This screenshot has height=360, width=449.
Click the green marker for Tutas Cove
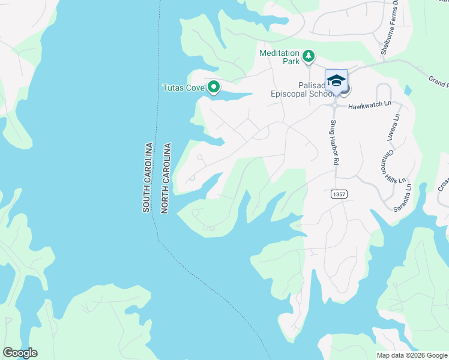tap(213, 88)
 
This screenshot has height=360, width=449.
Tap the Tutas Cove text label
tap(184, 88)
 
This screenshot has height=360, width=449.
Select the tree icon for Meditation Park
tap(309, 56)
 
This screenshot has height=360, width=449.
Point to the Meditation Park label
tap(279, 57)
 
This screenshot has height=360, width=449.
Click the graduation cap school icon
tap(336, 80)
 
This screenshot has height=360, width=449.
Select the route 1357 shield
tap(339, 194)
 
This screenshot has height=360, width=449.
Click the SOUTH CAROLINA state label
tap(146, 178)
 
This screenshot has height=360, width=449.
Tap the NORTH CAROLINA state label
tap(166, 178)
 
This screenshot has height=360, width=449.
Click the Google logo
tap(20, 352)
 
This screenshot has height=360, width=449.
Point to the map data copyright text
tap(411, 355)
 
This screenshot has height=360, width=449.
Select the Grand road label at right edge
tap(438, 80)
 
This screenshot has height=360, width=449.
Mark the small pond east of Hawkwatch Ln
tap(408, 91)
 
